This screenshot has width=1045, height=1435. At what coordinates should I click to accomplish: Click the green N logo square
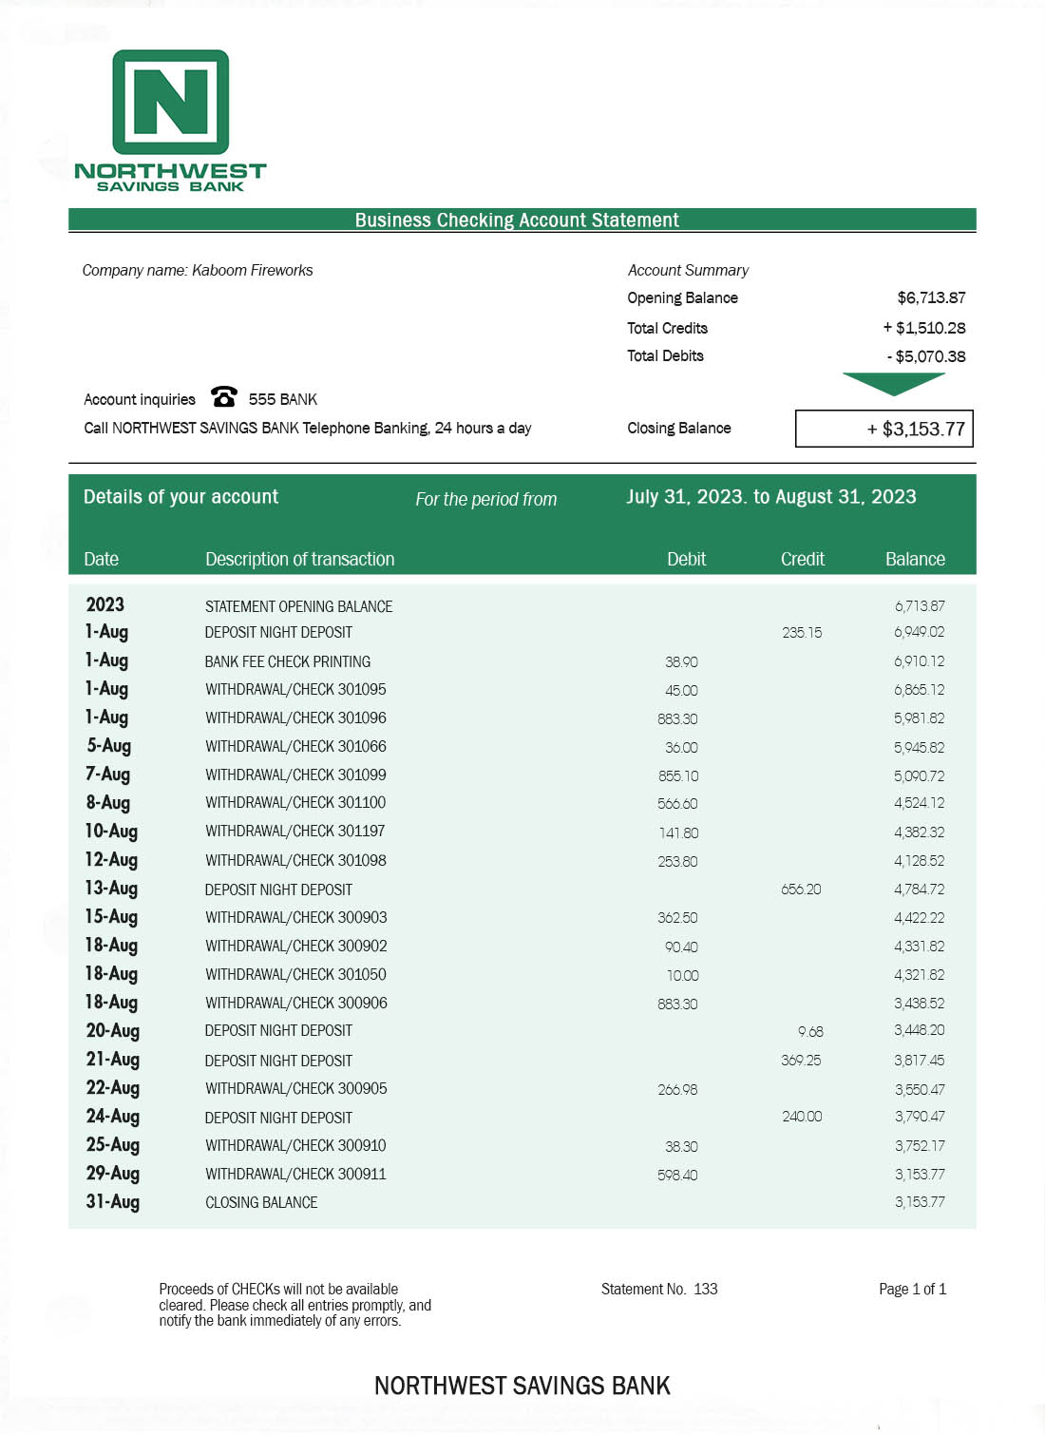[x=171, y=102]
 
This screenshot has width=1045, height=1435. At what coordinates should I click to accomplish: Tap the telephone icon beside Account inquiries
[x=224, y=396]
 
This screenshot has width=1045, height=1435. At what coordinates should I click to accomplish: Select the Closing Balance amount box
[x=883, y=429]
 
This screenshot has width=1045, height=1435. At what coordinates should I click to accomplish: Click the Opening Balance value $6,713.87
[x=931, y=298]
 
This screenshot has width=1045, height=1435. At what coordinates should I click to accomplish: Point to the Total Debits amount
[x=926, y=356]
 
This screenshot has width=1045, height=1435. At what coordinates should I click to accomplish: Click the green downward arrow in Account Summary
[x=893, y=383]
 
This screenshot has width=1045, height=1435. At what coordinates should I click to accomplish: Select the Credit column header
[x=802, y=559]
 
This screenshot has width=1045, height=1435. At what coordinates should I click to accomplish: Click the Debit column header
[x=686, y=559]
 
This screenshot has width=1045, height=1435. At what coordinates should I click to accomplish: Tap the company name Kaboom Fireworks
[x=252, y=271]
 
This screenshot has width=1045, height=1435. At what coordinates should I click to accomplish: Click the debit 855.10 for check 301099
[x=677, y=775]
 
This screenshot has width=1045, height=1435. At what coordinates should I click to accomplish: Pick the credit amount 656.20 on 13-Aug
[x=801, y=890]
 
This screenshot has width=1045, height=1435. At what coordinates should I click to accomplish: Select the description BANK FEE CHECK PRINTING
[x=287, y=661]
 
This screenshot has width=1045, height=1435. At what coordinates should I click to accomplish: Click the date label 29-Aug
[x=112, y=1174]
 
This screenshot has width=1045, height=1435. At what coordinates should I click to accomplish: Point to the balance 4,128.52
[x=919, y=861]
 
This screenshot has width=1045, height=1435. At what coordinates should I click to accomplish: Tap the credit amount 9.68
[x=810, y=1031]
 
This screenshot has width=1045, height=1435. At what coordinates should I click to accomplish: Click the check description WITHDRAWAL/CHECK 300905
[x=295, y=1089]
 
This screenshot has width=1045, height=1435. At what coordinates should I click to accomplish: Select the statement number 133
[x=706, y=1290]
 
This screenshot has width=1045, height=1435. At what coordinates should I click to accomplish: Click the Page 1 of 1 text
[x=912, y=1290]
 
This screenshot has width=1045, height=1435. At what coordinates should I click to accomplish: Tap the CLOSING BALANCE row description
[x=261, y=1203]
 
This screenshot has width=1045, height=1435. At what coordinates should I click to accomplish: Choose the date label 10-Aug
[x=111, y=832]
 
